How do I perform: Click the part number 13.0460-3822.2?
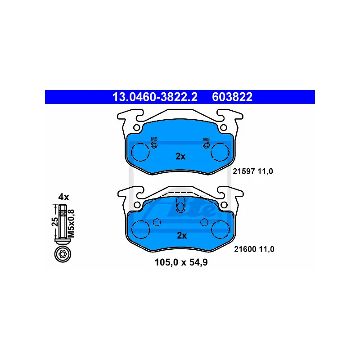155,97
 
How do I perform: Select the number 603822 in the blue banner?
232,97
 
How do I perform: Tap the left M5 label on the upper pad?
154,139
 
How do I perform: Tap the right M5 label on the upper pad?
207,139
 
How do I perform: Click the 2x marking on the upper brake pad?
180,156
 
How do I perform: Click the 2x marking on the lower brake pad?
182,235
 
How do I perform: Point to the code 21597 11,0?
253,171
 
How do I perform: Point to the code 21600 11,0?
254,249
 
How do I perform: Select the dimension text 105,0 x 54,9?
181,262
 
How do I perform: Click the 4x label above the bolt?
63,197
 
